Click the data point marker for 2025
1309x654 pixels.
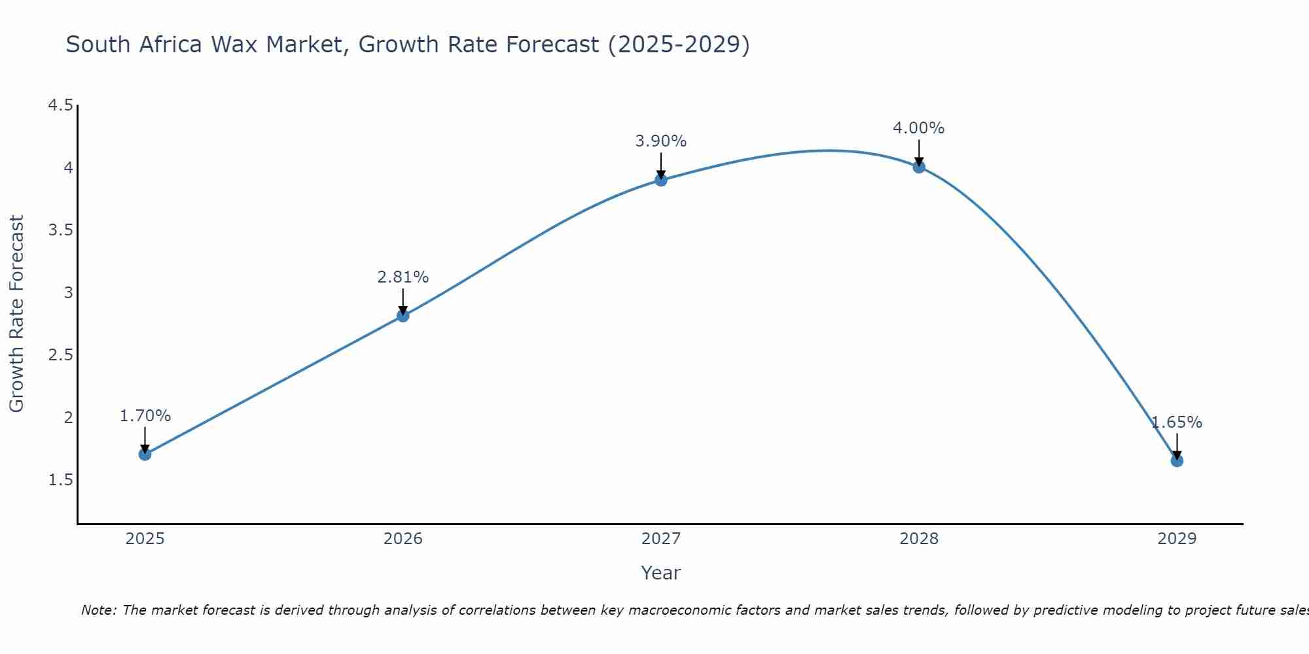coord(145,454)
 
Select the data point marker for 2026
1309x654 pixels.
coord(403,316)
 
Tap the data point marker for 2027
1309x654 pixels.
coord(661,180)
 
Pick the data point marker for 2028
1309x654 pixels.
coord(919,167)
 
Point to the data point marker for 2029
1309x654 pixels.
coord(1177,460)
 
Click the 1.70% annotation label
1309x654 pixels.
coord(145,416)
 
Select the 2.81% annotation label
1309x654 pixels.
coord(403,277)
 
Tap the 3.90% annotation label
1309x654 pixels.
coord(661,141)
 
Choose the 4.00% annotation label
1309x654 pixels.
coord(919,128)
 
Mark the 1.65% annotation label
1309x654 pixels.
coord(1177,422)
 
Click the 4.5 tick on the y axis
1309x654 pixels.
coord(60,105)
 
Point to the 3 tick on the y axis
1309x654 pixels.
coord(68,292)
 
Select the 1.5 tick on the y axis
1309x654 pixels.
coord(60,480)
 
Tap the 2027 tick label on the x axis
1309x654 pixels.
coord(661,539)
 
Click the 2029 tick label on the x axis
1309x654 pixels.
coord(1177,539)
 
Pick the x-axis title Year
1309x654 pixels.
coord(661,573)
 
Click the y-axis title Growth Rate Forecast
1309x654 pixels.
coord(16,314)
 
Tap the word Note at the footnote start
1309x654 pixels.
coord(98,610)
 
